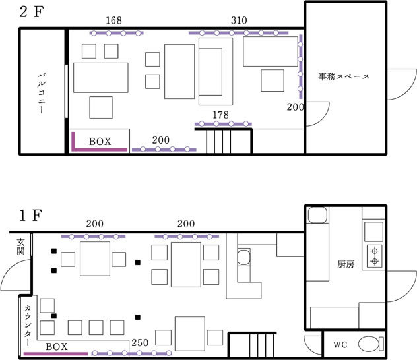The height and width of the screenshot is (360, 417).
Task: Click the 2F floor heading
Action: click(x=32, y=12)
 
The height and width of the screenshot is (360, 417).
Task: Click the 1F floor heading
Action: click(x=30, y=216)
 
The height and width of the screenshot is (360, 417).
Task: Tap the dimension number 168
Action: click(x=114, y=20)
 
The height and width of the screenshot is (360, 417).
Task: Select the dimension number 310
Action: click(x=239, y=20)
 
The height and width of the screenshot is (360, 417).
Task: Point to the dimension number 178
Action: click(x=221, y=115)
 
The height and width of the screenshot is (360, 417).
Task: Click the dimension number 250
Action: click(x=140, y=343)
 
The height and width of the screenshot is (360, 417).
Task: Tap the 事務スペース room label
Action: click(x=344, y=76)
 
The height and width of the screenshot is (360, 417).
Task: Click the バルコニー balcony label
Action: click(x=42, y=94)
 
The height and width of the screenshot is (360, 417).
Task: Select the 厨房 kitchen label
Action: click(x=346, y=264)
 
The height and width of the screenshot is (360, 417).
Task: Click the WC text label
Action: click(x=340, y=345)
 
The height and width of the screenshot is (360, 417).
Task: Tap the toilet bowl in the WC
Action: click(x=371, y=344)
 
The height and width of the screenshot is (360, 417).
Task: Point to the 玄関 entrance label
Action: click(x=20, y=247)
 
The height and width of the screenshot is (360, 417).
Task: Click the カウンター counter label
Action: click(x=28, y=326)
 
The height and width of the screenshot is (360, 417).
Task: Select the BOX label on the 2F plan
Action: click(x=100, y=142)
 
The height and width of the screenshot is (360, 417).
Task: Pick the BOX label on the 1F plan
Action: click(x=57, y=347)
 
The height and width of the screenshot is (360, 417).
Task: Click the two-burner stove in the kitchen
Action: click(x=375, y=256)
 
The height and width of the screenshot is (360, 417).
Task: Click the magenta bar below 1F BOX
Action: click(x=56, y=353)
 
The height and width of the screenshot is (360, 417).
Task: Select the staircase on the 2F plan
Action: click(x=224, y=141)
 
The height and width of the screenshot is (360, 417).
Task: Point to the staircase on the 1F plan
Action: click(x=253, y=345)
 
